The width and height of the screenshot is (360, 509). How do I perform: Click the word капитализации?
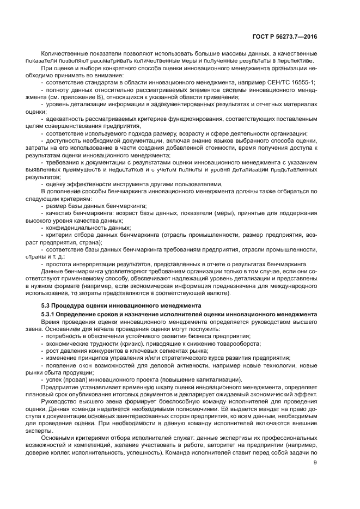216,379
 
